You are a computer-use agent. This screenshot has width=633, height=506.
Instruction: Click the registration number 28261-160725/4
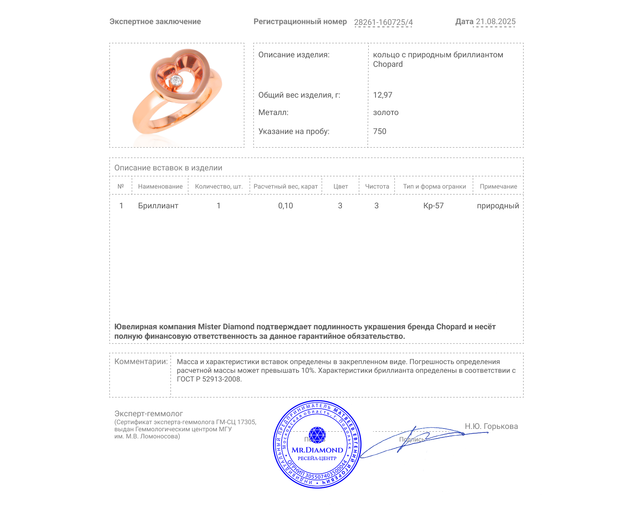tap(383, 22)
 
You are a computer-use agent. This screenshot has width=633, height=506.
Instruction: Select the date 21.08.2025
tap(495, 22)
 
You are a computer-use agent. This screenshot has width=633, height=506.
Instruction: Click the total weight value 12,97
tap(383, 95)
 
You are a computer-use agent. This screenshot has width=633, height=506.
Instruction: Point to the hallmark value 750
tap(379, 131)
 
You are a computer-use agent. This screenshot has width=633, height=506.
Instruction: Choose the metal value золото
tap(386, 112)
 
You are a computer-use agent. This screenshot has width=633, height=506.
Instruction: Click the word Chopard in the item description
tap(388, 64)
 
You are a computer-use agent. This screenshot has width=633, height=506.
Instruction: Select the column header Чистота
tap(377, 187)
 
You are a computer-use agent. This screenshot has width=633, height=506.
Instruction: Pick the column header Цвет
tap(340, 187)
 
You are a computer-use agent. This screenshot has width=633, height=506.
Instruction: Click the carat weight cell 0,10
tap(285, 206)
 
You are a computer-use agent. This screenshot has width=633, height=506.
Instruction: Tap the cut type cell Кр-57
tap(433, 206)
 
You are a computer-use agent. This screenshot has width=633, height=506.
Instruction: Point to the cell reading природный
tap(498, 206)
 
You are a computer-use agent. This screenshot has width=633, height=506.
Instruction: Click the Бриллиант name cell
tap(158, 206)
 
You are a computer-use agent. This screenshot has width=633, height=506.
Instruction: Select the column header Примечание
tap(498, 187)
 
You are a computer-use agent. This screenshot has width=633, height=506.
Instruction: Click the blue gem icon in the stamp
tap(317, 434)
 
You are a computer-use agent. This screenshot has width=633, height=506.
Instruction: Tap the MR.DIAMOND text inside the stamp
tap(317, 450)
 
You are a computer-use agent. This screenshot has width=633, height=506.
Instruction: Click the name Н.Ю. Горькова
tap(491, 426)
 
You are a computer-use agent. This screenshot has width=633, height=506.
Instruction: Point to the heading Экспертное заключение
tap(155, 22)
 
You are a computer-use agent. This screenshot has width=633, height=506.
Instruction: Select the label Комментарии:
tap(141, 361)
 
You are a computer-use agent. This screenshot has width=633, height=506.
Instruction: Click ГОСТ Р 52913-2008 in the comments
tap(208, 379)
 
